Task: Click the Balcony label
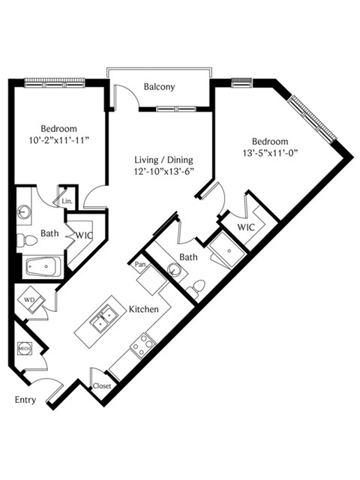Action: coord(159,87)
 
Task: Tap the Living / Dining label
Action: coord(163,160)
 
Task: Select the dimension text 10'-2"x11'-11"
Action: coord(58,140)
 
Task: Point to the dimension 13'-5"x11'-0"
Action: coord(270,153)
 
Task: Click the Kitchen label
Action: coord(143,309)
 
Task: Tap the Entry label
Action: coord(25,400)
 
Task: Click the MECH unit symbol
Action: coord(25,348)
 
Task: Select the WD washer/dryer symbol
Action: coord(31,299)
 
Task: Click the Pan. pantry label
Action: coord(140,264)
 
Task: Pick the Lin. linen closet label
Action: coord(67,202)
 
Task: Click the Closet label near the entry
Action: coord(102,385)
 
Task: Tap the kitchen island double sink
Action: coord(103,316)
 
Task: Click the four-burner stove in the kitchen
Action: coord(142,345)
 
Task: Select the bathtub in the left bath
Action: coord(43,267)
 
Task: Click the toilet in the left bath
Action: coord(26,241)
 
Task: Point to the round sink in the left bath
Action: coord(23,211)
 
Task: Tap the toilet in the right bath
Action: coord(196,288)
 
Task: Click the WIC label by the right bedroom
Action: coord(246,227)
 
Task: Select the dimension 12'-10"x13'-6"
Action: coord(165,172)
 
